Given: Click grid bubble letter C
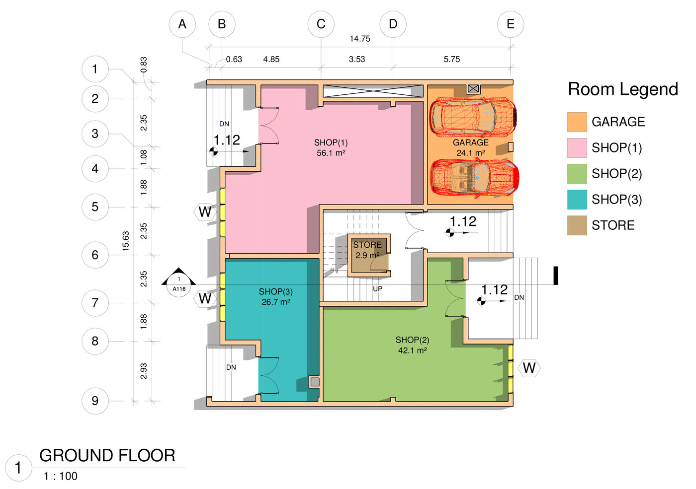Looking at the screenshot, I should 321,24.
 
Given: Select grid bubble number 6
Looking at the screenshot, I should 95,255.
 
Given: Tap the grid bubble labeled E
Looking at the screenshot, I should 511,24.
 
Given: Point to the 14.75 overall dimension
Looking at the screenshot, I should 360,39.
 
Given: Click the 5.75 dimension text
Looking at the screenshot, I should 451,59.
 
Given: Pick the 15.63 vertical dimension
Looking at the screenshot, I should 126,241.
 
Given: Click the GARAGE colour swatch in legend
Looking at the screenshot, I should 577,122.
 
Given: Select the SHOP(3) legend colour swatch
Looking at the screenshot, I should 577,199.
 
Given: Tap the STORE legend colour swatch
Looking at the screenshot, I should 577,225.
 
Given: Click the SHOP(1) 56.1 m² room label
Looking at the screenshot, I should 331,148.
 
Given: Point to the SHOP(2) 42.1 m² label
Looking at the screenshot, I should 412,345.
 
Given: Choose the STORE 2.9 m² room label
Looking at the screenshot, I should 367,250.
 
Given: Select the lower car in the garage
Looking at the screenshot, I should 474,177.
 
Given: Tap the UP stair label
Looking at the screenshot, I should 377,288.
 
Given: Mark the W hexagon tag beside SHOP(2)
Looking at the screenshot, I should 529,368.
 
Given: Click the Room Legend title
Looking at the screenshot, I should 623,89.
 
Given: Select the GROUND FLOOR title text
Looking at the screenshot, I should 107,455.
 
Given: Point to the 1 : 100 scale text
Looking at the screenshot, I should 61,476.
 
